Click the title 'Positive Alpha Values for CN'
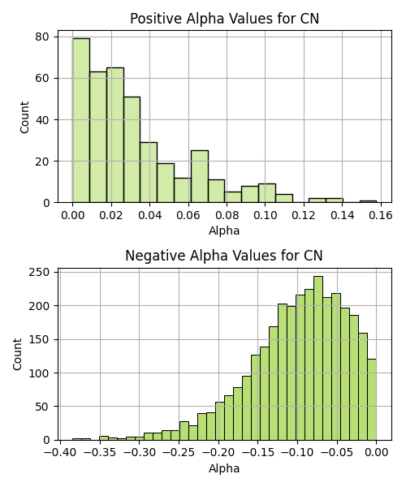pos(224,19)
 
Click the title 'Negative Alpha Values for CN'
pos(224,256)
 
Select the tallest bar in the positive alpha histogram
pos(81,120)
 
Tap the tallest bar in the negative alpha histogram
pos(318,358)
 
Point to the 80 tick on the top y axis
pos(42,37)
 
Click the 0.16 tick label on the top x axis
pos(381,215)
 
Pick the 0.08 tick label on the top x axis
pos(227,215)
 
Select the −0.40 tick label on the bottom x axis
pos(60,453)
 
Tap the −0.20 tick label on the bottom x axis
pos(218,453)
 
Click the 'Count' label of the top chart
pos(24,117)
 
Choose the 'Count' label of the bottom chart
pos(17,354)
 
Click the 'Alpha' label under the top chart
pos(224,231)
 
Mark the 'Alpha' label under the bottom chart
pos(224,468)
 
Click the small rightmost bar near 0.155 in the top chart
pos(368,201)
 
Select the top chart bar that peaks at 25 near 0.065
pos(200,177)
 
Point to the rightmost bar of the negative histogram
pos(372,399)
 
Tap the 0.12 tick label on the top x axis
pos(304,215)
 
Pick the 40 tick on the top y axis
pos(42,120)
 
